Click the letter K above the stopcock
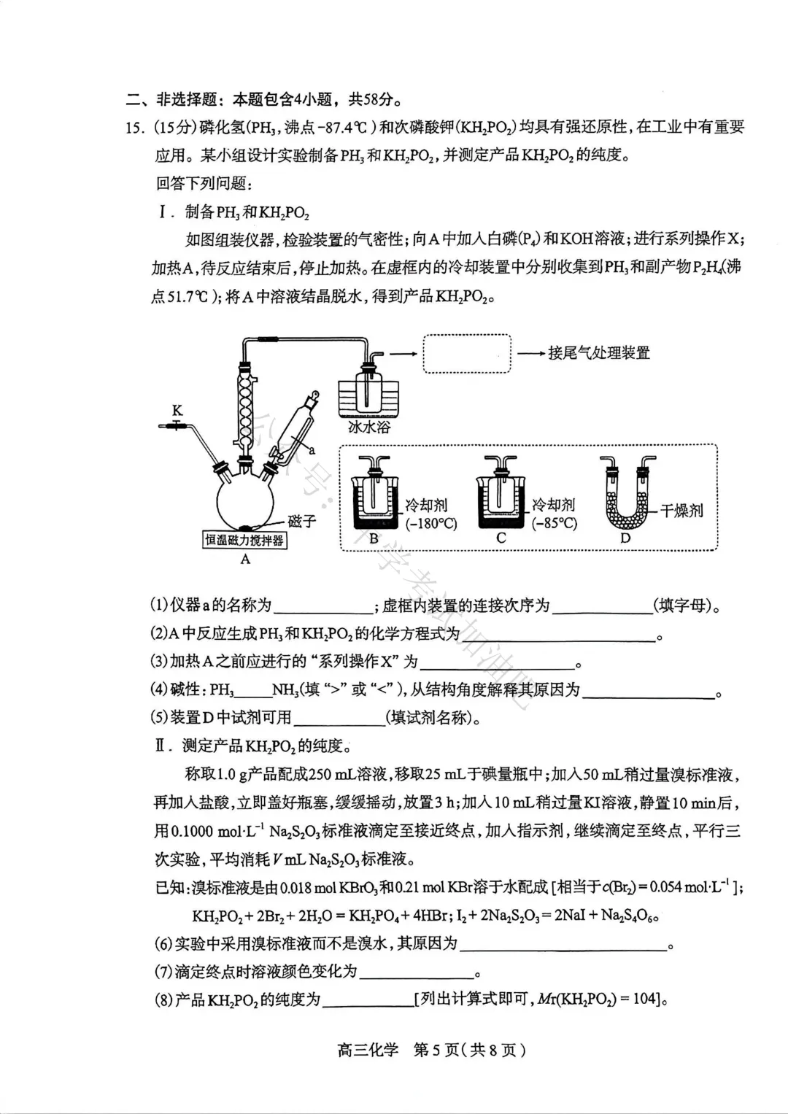177,411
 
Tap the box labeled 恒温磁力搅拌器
244,541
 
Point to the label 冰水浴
368,427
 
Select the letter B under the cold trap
374,538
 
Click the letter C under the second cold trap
501,538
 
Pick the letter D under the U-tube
625,538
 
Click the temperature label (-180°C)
432,523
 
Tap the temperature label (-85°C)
554,523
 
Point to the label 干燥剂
681,511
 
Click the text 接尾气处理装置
598,353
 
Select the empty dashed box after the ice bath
467,354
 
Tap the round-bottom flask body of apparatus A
245,503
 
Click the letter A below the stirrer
245,560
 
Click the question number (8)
163,999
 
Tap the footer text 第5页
437,1051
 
